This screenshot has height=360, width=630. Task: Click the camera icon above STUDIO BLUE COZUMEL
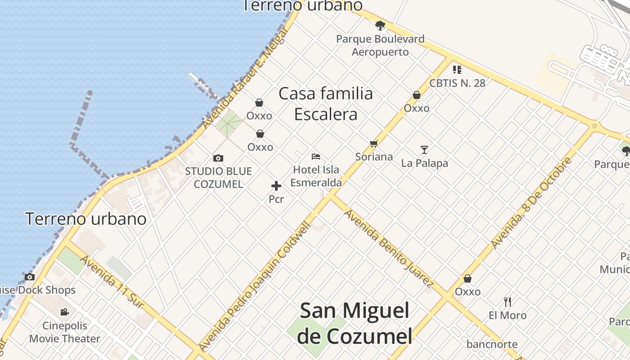pyautogui.click(x=218, y=158)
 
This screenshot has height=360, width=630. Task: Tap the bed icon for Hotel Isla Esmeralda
pyautogui.click(x=316, y=157)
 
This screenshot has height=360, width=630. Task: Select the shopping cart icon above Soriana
pyautogui.click(x=373, y=144)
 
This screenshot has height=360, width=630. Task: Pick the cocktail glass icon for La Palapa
pyautogui.click(x=424, y=149)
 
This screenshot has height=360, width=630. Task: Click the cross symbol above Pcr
pyautogui.click(x=276, y=186)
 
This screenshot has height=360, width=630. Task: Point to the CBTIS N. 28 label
pyautogui.click(x=457, y=83)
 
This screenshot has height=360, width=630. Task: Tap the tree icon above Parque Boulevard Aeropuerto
pyautogui.click(x=380, y=26)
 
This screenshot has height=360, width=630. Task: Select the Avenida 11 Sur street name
pyautogui.click(x=112, y=282)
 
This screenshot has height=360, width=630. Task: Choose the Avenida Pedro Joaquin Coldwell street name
pyautogui.click(x=255, y=286)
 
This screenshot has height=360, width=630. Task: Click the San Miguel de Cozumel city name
pyautogui.click(x=355, y=323)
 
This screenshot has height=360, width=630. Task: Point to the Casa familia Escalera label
pyautogui.click(x=326, y=104)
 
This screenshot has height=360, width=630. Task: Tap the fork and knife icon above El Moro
pyautogui.click(x=508, y=301)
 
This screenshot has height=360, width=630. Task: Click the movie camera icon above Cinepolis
pyautogui.click(x=65, y=312)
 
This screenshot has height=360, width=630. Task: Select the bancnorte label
pyautogui.click(x=492, y=345)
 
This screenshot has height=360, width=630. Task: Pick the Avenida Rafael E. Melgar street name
pyautogui.click(x=245, y=79)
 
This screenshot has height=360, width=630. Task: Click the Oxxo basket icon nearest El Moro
pyautogui.click(x=468, y=279)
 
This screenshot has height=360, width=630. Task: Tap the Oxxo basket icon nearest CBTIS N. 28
pyautogui.click(x=417, y=95)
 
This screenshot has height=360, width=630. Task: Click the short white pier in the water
pyautogui.click(x=204, y=85)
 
